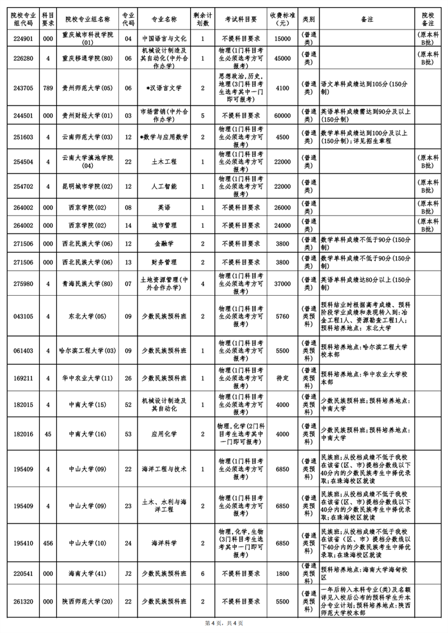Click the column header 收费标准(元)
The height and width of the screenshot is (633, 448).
click(282, 17)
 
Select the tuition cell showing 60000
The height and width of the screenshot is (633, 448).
click(282, 116)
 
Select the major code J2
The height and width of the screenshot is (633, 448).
click(129, 574)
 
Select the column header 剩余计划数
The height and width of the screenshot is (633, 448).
click(203, 17)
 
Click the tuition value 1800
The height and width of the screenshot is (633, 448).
click(282, 574)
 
